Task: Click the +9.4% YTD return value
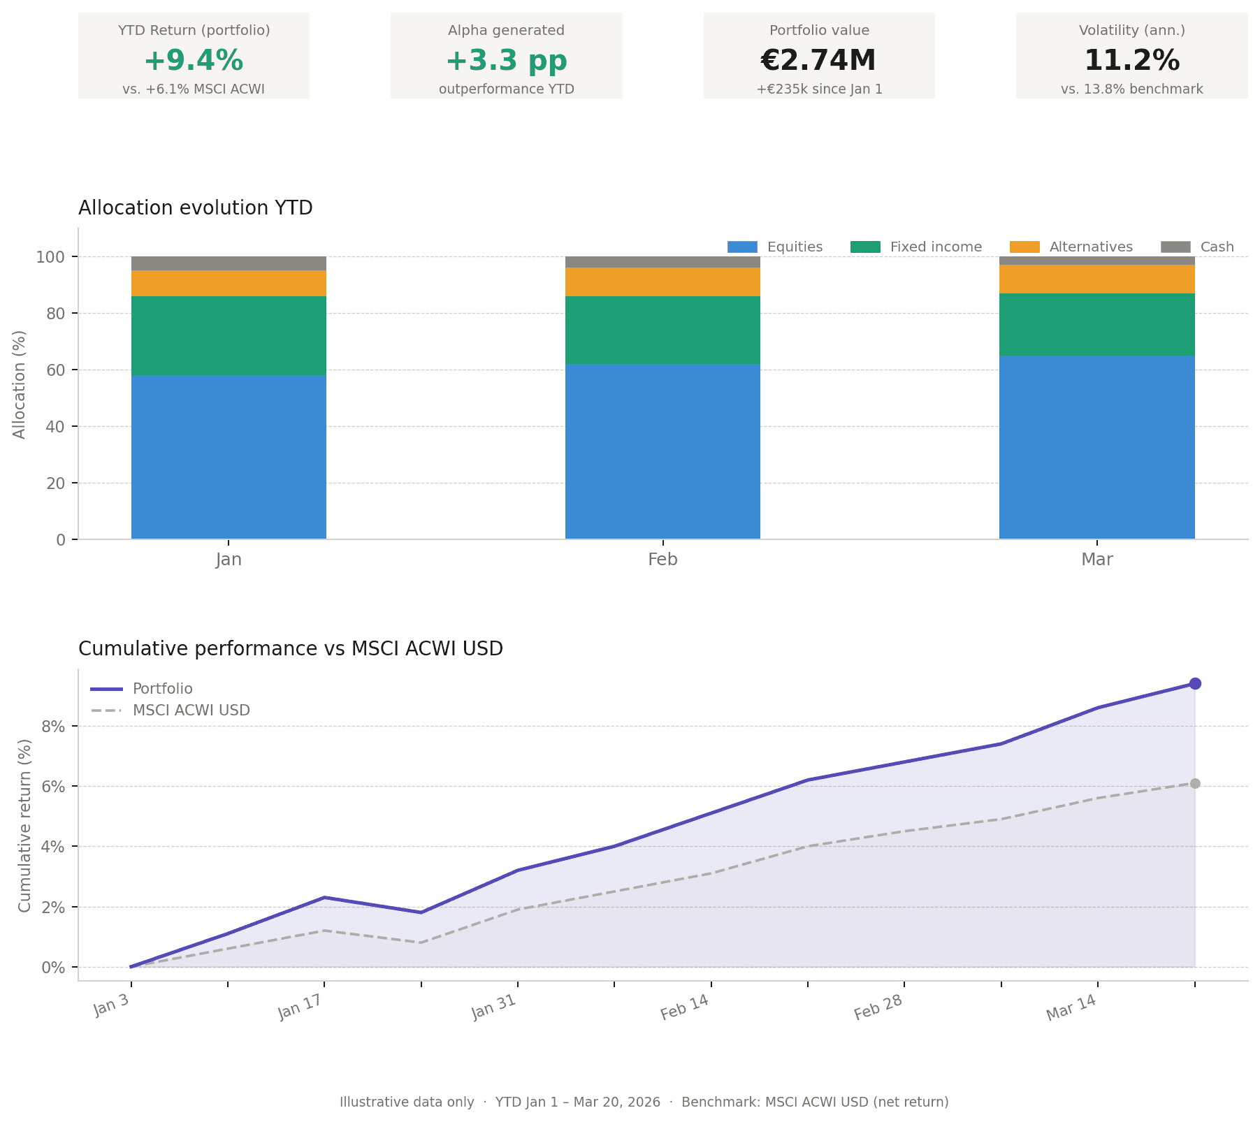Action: [x=194, y=61]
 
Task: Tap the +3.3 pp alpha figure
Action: [x=506, y=61]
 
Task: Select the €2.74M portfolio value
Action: [x=818, y=61]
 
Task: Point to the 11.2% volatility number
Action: [x=1131, y=61]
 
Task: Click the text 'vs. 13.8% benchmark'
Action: [x=1131, y=89]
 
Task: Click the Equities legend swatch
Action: [x=742, y=247]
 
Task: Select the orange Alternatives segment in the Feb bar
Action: [x=662, y=282]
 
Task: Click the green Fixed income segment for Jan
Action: [x=229, y=335]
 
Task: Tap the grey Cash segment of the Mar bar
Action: [x=1096, y=261]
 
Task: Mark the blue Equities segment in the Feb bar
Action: [x=662, y=451]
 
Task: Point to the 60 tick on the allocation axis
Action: [x=56, y=370]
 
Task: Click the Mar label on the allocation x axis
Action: [x=1096, y=560]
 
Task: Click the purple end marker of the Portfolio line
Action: [x=1195, y=684]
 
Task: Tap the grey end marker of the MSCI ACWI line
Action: [x=1195, y=784]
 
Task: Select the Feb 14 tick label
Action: [x=685, y=1007]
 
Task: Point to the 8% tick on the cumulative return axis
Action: [x=54, y=727]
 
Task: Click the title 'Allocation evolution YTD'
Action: [x=196, y=208]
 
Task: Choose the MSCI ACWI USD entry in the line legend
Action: [x=191, y=711]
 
